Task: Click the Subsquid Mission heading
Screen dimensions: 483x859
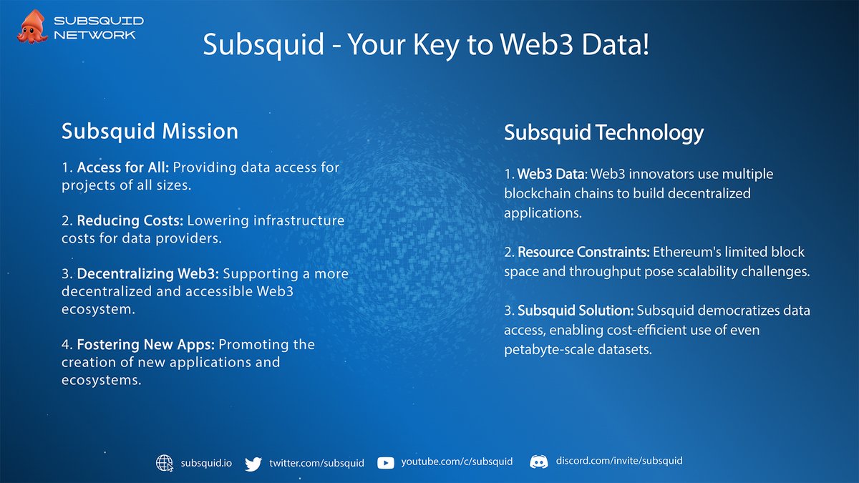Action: click(x=150, y=131)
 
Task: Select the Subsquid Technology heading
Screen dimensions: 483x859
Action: click(x=603, y=133)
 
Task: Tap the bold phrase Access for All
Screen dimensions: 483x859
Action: click(x=122, y=168)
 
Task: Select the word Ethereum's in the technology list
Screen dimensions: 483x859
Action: click(x=683, y=253)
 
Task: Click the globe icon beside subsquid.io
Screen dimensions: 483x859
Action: click(x=165, y=463)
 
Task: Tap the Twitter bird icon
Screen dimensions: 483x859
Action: click(x=253, y=464)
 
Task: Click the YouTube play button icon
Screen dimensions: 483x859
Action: click(x=385, y=463)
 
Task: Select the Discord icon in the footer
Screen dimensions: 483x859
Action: click(x=539, y=462)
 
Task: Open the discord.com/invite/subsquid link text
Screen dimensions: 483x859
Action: click(x=619, y=461)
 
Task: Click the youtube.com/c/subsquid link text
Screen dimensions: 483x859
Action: click(x=457, y=462)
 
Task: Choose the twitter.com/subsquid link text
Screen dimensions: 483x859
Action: click(x=316, y=463)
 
